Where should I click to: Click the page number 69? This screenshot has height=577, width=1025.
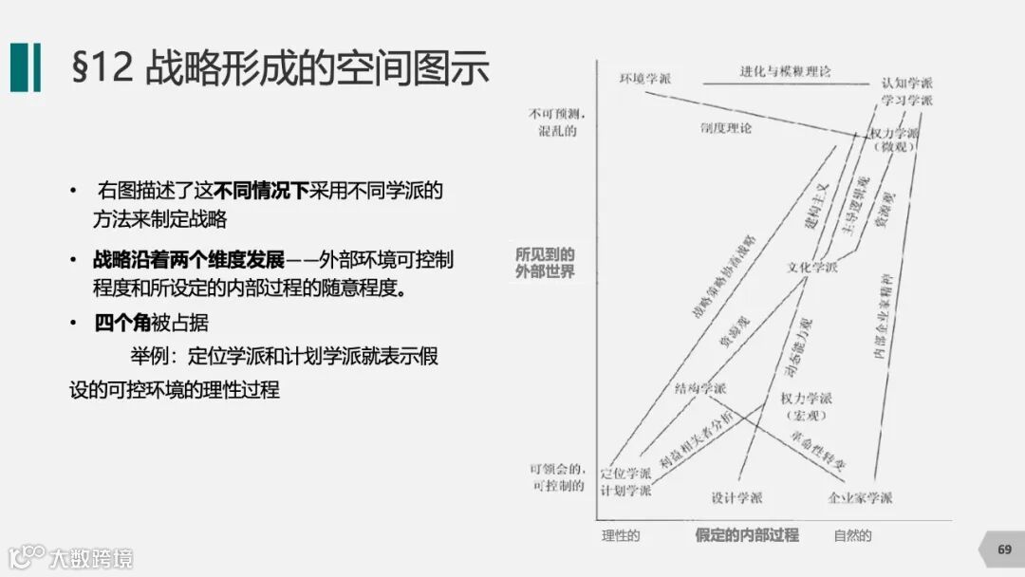[x=1004, y=549]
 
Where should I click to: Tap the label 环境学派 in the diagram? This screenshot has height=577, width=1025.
[x=644, y=79]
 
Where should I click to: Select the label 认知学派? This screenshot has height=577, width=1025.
[x=906, y=83]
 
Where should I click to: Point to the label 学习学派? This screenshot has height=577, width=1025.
[x=906, y=101]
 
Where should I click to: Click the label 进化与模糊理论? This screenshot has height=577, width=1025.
[x=785, y=71]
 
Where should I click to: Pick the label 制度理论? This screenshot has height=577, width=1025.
[x=725, y=127]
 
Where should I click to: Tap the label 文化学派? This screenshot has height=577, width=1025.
[x=811, y=268]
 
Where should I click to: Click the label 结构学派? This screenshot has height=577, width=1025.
[x=700, y=388]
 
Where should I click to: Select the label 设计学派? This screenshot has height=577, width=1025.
[x=736, y=497]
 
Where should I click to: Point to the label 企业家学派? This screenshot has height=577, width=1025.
[x=860, y=497]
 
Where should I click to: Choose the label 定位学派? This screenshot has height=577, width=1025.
[x=626, y=473]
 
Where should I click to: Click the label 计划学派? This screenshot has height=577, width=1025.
[x=626, y=491]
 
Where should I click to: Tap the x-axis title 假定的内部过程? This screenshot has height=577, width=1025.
[x=746, y=535]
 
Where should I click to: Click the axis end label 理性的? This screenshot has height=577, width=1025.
[x=621, y=535]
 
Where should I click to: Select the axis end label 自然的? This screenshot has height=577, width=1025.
[x=852, y=535]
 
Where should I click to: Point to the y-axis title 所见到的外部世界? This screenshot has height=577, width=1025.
[x=545, y=264]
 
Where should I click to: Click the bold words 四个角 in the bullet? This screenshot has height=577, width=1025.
[x=122, y=323]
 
